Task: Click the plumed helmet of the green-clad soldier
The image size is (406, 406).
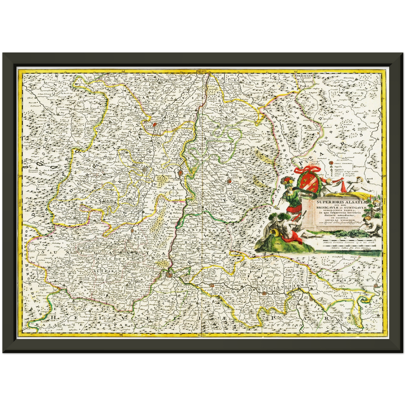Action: click(x=287, y=182)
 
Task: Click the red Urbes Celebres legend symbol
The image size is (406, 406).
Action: click(x=331, y=163)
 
